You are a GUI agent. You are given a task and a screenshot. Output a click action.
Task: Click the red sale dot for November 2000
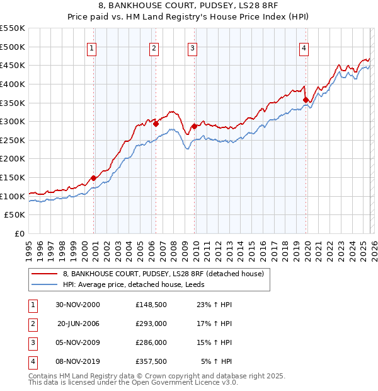click(94, 178)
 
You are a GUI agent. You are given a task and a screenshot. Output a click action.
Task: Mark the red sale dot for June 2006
click(156, 124)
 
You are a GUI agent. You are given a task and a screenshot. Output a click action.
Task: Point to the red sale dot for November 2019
click(306, 100)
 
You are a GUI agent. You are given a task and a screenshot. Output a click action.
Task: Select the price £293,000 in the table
click(151, 324)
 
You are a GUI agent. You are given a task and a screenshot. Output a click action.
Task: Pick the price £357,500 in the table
click(151, 361)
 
